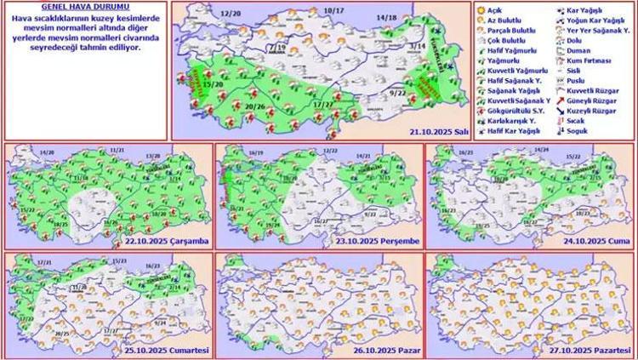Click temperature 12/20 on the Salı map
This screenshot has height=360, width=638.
point(230,15)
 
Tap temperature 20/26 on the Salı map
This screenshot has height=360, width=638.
point(255,106)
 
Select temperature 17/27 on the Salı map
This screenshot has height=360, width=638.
point(322,104)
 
